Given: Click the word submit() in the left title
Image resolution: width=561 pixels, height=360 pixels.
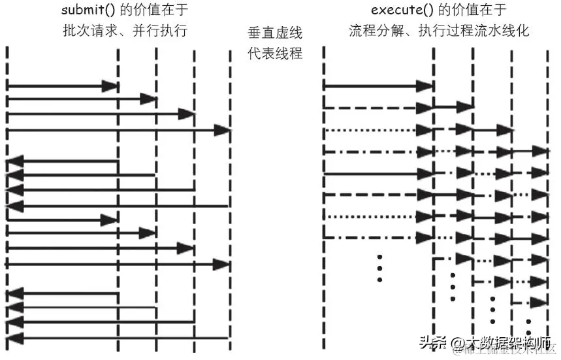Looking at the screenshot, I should (86, 11).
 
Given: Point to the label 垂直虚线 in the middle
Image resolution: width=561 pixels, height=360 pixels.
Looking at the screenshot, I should (275, 33).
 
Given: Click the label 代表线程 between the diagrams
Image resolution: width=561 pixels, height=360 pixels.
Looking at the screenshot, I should (275, 53).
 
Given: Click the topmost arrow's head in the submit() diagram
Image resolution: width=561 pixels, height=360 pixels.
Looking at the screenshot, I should (110, 86).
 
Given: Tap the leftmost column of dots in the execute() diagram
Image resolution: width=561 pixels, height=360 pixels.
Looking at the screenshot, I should (379, 268).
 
